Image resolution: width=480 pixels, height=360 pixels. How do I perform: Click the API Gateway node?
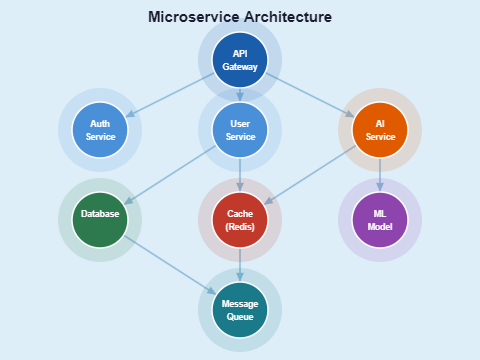click(240, 60)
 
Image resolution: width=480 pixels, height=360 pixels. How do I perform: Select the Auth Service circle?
click(100, 130)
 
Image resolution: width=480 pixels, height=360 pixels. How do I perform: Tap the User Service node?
click(240, 130)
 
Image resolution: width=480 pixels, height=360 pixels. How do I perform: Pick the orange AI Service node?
click(380, 130)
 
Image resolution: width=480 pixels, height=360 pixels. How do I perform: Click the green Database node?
click(100, 220)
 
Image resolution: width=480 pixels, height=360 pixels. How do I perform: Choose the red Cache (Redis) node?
click(240, 220)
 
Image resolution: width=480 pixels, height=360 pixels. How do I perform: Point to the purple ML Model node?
click(380, 220)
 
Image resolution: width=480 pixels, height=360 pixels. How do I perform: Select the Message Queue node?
click(240, 310)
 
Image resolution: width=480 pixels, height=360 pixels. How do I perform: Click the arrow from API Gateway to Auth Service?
click(170, 95)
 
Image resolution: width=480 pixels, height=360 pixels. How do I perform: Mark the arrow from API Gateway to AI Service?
click(310, 95)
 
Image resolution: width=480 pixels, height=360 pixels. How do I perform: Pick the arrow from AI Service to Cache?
click(310, 175)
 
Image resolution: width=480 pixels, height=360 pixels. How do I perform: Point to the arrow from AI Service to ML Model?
click(380, 175)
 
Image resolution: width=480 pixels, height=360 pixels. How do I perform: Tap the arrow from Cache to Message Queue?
click(240, 265)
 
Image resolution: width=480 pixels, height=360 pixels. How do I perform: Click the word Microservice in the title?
click(192, 17)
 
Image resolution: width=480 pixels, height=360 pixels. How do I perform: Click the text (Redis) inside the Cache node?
click(240, 228)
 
